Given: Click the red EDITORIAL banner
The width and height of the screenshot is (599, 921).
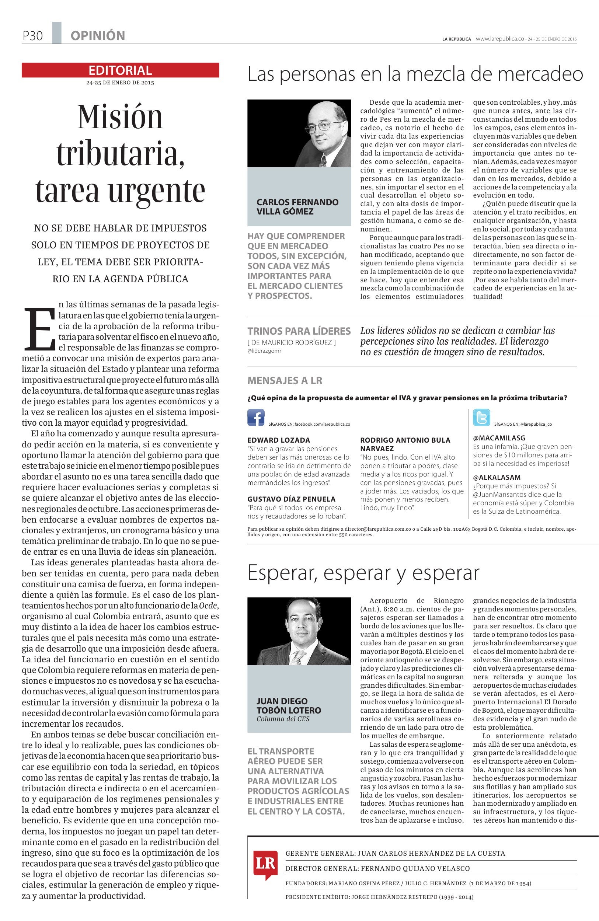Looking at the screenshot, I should pos(120,70).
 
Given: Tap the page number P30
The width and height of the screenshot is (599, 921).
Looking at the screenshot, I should pos(32,36).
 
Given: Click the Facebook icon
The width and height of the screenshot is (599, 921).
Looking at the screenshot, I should pos(256,418).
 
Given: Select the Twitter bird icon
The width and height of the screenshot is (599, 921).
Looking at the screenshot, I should pos(481,418).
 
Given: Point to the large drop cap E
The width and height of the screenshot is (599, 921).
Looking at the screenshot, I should pos(39,328).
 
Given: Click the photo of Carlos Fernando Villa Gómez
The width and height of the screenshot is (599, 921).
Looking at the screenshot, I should pos(299,133).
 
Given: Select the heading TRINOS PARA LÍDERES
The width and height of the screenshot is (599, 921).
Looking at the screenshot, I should pos(299,331).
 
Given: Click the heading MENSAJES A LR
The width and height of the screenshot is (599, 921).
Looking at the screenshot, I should pos(285,380).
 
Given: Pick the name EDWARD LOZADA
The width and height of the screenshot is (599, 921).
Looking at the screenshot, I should pos(279,440).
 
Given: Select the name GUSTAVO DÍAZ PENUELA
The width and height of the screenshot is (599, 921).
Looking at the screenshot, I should pos(291,499).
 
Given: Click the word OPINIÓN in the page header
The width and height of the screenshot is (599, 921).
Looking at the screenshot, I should pos(98,36).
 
